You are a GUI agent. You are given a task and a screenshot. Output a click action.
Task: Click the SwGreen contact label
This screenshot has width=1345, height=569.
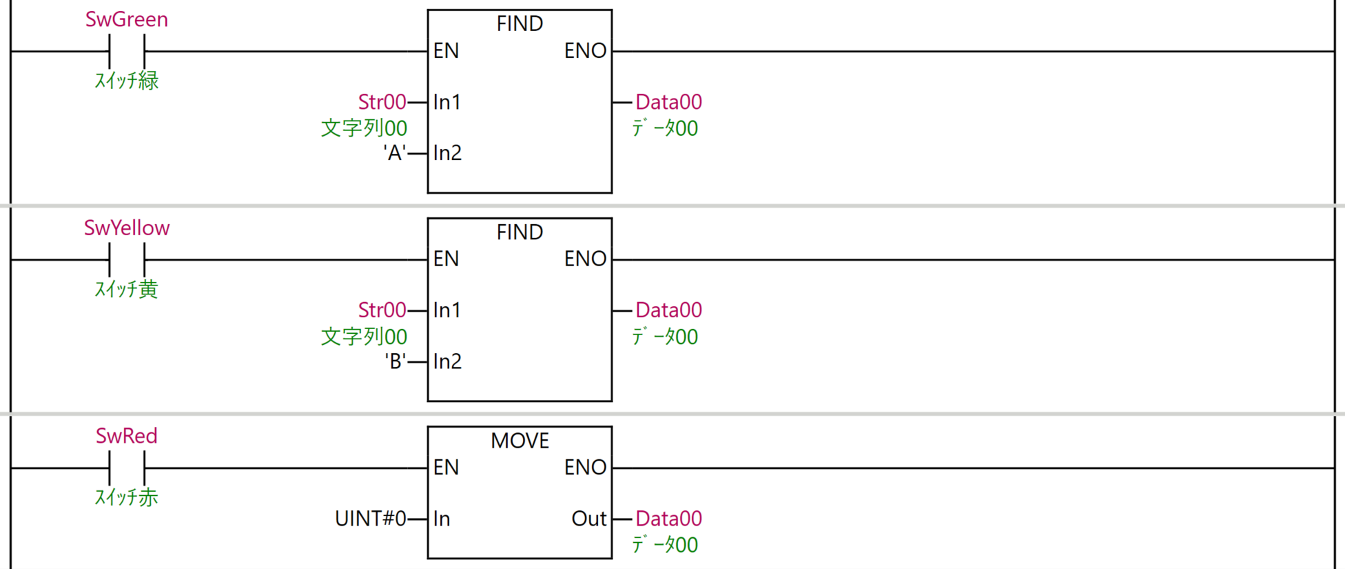(x=127, y=19)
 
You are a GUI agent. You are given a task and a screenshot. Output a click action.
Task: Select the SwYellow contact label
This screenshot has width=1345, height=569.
(x=127, y=228)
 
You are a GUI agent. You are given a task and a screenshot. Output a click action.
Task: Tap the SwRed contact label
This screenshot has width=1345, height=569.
(x=127, y=436)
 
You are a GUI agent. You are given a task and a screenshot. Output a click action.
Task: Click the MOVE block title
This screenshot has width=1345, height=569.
(x=520, y=441)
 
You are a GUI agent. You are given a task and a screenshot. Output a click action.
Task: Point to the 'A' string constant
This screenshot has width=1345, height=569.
(x=395, y=152)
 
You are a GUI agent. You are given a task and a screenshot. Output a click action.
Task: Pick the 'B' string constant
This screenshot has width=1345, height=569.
(x=395, y=361)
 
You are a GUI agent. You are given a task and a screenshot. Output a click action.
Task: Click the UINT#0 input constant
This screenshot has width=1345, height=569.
(x=370, y=519)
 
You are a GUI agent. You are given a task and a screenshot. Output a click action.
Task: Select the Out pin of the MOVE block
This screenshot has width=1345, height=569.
(x=588, y=519)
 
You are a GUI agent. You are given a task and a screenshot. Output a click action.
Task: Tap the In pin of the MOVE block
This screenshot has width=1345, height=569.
(x=442, y=519)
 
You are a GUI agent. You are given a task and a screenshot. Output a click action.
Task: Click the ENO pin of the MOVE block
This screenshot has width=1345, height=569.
(x=585, y=468)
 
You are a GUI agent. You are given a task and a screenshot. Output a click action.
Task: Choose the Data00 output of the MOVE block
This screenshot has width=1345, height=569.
(x=668, y=519)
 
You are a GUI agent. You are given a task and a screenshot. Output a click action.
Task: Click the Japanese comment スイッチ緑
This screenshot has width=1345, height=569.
(x=127, y=81)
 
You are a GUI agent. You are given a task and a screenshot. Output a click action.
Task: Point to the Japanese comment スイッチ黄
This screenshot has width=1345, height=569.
(x=127, y=289)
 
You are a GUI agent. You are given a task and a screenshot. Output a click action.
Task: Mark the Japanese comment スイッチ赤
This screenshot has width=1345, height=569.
(x=127, y=497)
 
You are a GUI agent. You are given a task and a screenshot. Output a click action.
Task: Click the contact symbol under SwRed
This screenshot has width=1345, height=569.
(x=127, y=468)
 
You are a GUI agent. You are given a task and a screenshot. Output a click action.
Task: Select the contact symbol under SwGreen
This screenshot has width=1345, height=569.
(x=127, y=52)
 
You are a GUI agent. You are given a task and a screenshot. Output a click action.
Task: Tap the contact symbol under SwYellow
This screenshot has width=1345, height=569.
(x=127, y=260)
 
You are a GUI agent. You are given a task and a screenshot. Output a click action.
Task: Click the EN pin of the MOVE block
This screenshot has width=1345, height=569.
(x=446, y=468)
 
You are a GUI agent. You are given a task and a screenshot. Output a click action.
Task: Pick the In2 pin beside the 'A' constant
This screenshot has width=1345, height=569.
(x=447, y=152)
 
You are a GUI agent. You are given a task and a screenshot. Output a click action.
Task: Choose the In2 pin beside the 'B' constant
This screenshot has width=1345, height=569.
(x=447, y=361)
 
